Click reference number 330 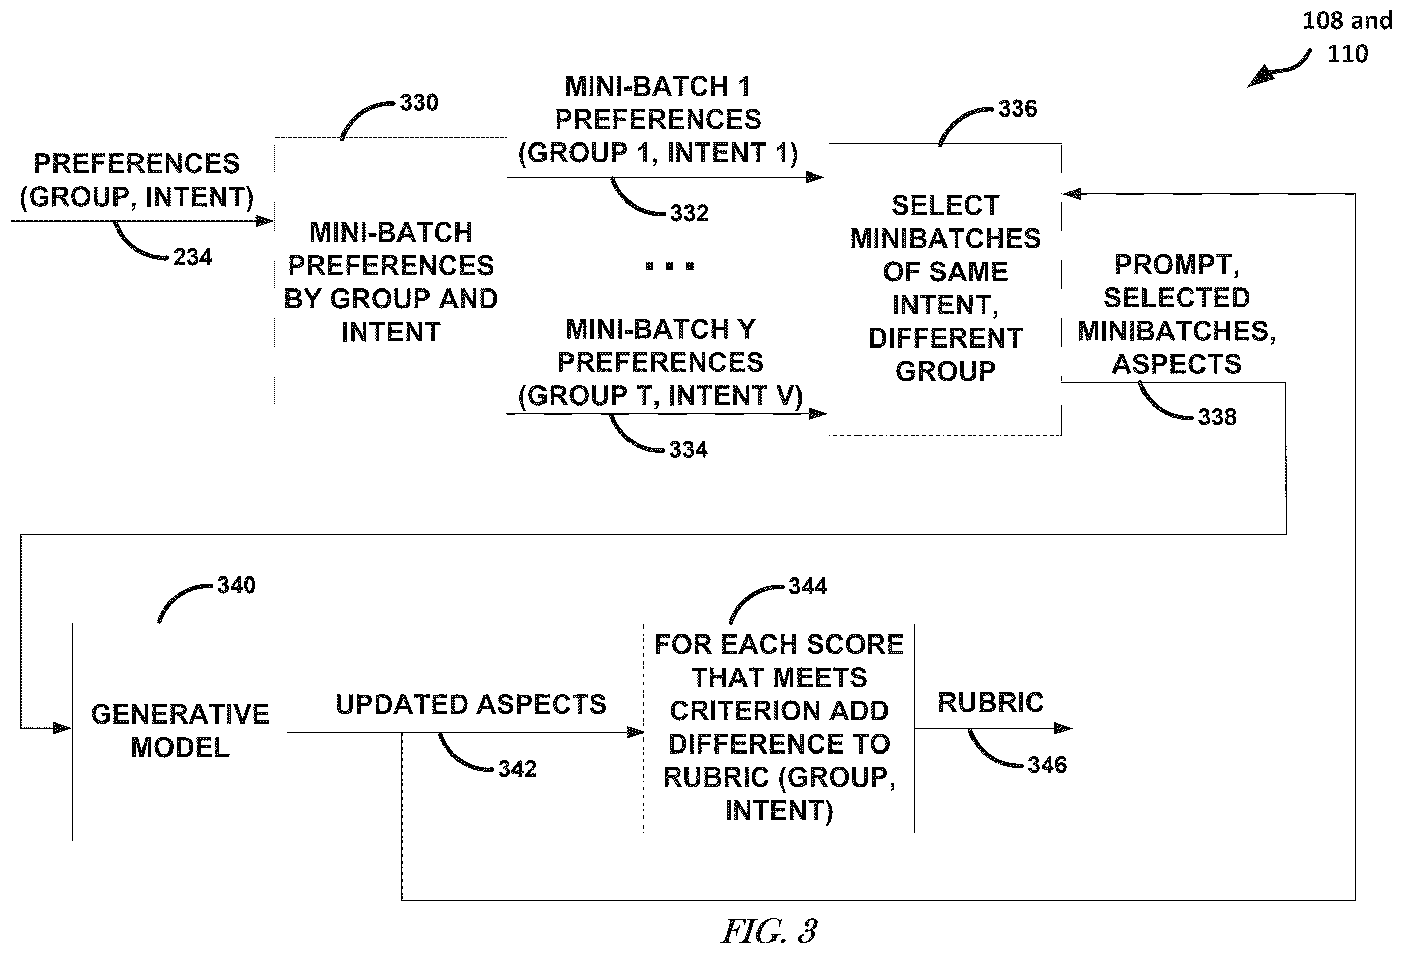pos(419,103)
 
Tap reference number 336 pos(1018,109)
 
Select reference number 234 pos(192,257)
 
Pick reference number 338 pos(1217,417)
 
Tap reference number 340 pos(237,586)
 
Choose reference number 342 pos(517,769)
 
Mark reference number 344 pos(808,587)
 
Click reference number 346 pos(1047,765)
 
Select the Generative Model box pos(180,732)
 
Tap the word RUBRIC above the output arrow pos(991,703)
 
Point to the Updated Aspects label pos(471,704)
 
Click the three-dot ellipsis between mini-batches pos(670,265)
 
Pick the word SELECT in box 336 pos(946,206)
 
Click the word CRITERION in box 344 pos(779,711)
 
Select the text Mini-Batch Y pos(660,329)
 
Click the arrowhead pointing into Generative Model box pos(63,729)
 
